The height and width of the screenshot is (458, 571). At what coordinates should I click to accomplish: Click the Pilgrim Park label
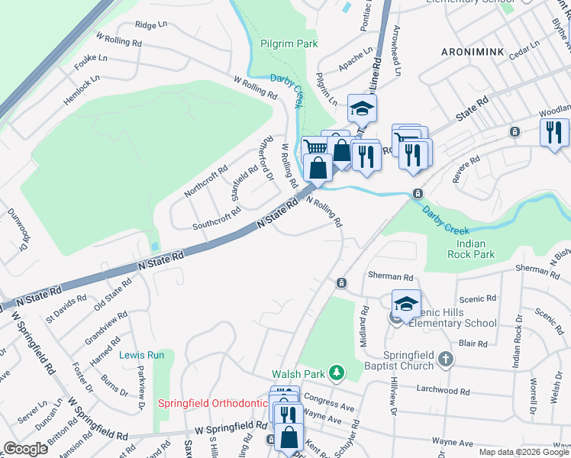click(289, 44)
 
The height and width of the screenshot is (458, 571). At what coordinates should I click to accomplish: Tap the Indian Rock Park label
click(476, 250)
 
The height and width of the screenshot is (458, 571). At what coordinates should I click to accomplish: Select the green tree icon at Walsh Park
click(335, 373)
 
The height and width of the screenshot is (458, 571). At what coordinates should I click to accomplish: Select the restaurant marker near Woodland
click(553, 131)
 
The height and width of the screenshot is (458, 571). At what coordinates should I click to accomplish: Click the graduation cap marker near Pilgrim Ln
click(362, 108)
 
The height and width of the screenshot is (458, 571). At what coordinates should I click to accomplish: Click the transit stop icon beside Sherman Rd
click(341, 283)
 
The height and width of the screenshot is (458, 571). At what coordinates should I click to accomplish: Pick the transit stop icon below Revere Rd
click(418, 193)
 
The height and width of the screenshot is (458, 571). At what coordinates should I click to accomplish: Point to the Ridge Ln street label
click(150, 25)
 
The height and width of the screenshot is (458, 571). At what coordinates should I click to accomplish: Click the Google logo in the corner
click(25, 448)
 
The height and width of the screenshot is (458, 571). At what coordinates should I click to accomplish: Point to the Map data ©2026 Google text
click(523, 452)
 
